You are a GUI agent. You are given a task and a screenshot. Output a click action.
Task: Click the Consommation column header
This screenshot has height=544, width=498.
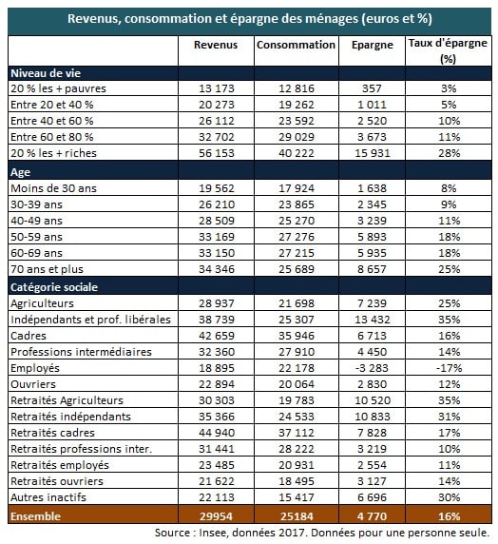(x=296, y=45)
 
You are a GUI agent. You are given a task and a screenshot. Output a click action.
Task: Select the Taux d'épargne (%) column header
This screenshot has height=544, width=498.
(x=448, y=50)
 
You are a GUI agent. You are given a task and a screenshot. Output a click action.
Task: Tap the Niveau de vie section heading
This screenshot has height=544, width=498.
(x=46, y=73)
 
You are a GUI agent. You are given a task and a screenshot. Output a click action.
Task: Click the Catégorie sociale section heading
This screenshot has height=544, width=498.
(x=54, y=287)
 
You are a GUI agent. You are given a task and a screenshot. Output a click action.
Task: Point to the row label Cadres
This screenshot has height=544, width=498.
(x=29, y=336)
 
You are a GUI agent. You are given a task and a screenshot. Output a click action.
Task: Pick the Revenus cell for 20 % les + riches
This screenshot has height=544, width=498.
(x=217, y=153)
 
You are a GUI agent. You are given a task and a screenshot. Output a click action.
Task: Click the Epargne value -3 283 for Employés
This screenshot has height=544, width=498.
(x=372, y=368)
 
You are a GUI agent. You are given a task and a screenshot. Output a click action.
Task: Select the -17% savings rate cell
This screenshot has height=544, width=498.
(x=449, y=368)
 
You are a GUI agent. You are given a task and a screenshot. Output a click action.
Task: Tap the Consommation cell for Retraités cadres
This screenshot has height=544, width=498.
(x=297, y=433)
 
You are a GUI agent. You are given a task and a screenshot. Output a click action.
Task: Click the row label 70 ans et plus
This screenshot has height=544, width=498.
(x=48, y=269)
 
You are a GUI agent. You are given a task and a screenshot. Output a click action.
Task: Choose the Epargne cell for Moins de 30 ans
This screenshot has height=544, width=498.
(x=373, y=188)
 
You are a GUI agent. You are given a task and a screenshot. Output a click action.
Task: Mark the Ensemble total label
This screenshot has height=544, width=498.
(x=36, y=516)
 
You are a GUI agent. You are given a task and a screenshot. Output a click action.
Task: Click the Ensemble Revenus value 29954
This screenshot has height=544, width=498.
(x=216, y=516)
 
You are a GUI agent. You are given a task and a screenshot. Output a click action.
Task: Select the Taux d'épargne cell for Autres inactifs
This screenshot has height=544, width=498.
(x=450, y=497)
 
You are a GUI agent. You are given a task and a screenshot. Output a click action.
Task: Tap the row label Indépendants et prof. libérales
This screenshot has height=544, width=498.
(x=91, y=320)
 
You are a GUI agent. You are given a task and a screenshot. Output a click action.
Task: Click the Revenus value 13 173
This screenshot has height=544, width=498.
(x=217, y=88)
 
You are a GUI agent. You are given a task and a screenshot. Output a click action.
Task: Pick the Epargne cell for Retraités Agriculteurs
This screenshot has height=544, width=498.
(x=373, y=400)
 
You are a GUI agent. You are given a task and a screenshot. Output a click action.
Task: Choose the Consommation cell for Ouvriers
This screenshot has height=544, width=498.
(x=297, y=384)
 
